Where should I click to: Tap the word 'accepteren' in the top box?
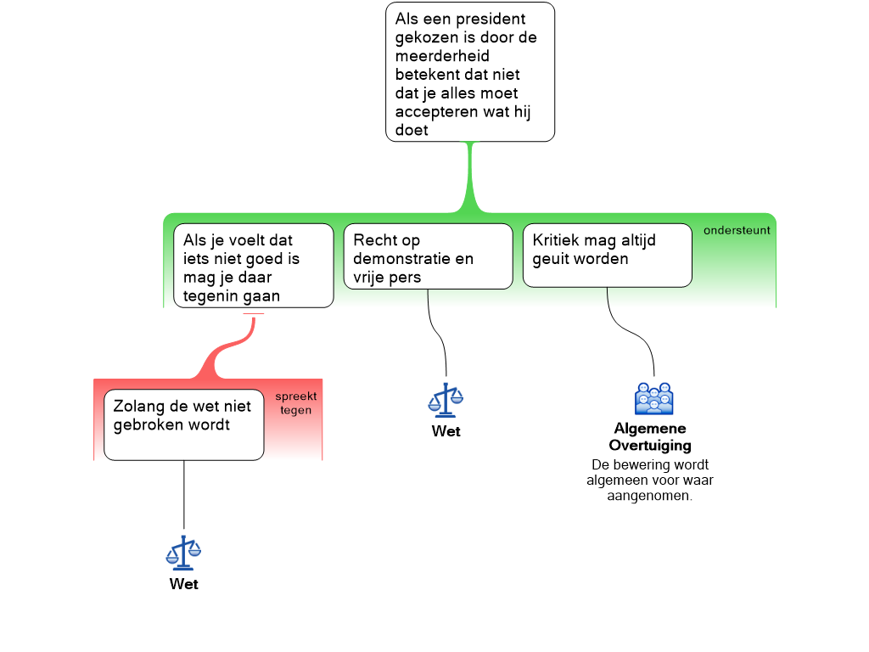tap(434, 112)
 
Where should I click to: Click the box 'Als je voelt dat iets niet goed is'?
tap(253, 265)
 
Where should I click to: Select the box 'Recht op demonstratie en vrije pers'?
tap(428, 256)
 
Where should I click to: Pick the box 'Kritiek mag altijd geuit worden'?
tap(607, 256)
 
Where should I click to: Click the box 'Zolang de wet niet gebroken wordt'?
tap(184, 424)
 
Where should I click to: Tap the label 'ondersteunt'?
tap(737, 230)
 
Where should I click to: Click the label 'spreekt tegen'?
tap(296, 403)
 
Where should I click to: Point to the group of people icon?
tap(653, 399)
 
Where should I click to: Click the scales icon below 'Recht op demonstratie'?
tap(446, 401)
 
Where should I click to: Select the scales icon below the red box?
tap(183, 554)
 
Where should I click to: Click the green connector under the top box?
tap(469, 178)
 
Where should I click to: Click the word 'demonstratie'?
tap(401, 259)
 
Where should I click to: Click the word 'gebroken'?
tap(145, 425)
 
